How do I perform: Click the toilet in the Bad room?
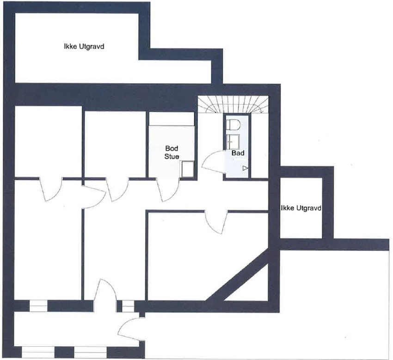(x=233, y=125)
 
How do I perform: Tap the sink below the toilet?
(x=233, y=140)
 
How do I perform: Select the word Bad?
(x=238, y=153)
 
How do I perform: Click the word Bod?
(x=172, y=149)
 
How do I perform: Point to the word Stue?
(x=172, y=157)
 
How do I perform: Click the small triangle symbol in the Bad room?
(x=245, y=168)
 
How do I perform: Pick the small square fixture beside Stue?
(x=188, y=169)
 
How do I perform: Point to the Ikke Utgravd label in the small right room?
(x=301, y=208)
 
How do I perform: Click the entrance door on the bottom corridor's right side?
(x=129, y=330)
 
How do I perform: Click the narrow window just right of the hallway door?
(x=126, y=305)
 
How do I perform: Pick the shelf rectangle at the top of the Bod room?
(x=172, y=118)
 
